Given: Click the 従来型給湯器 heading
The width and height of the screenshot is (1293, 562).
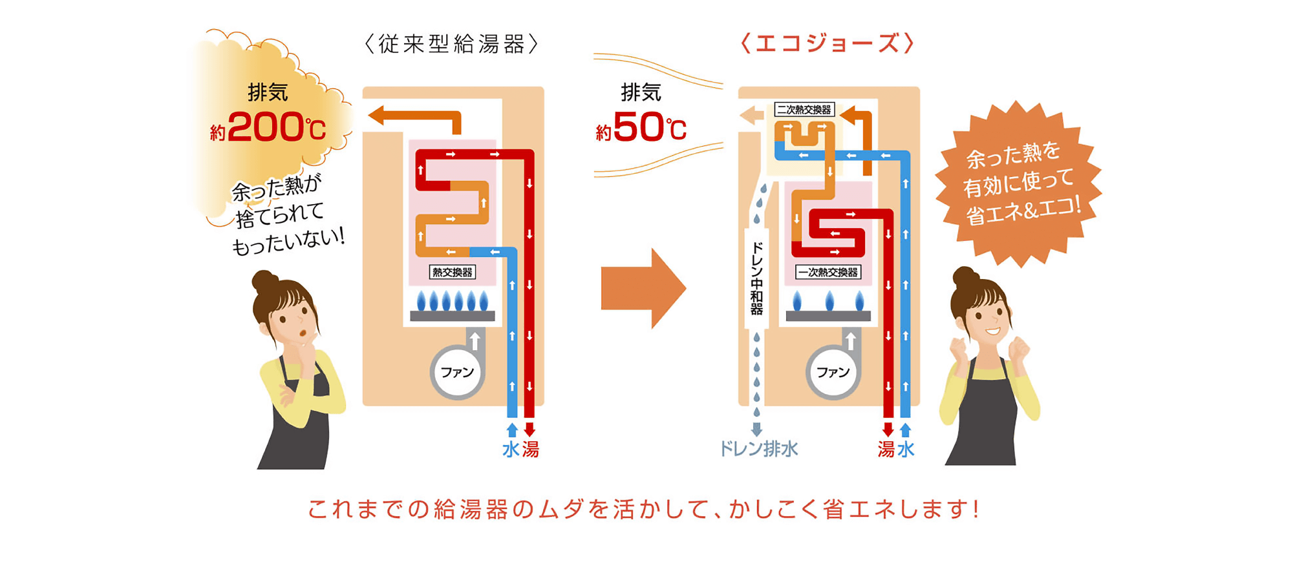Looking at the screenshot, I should tap(451, 44).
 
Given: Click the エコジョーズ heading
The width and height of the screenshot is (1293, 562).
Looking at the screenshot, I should tap(827, 44).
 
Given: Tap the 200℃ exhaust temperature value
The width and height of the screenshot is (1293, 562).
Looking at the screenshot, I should tap(276, 127).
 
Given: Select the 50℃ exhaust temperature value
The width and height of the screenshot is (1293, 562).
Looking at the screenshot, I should tap(649, 127).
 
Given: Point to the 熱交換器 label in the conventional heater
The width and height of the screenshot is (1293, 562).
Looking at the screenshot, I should tap(453, 272).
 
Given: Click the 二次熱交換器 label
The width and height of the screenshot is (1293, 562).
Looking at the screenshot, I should tap(804, 110).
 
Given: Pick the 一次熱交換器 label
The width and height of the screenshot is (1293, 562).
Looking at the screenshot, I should tap(828, 272).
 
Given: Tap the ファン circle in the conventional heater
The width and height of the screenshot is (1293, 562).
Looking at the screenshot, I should tap(457, 372).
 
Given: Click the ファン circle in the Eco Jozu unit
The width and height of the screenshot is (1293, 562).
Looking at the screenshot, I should tap(833, 372).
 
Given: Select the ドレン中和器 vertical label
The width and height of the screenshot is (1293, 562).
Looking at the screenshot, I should tap(756, 278).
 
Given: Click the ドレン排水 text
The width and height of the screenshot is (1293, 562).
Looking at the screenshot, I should tap(759, 449).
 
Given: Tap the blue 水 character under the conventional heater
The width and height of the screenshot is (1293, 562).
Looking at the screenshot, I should tap(511, 450).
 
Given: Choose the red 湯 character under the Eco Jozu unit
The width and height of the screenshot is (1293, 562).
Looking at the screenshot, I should tap(886, 450).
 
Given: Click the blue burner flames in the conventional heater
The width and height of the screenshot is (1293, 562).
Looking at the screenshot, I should tap(453, 301).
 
